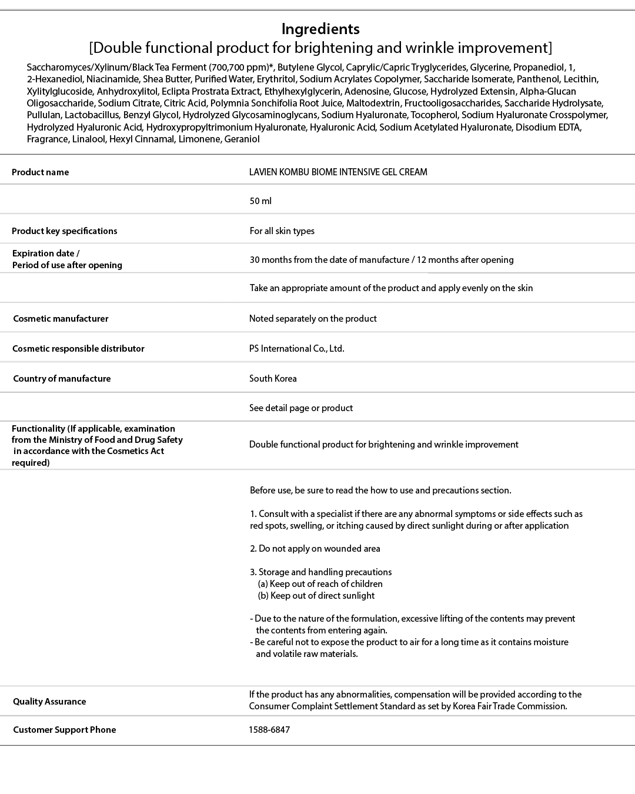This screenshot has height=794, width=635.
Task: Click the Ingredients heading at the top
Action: [320, 29]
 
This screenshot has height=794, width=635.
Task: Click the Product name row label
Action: [40, 172]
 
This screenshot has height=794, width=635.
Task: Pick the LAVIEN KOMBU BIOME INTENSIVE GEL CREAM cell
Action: [338, 172]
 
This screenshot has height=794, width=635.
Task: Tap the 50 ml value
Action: [260, 201]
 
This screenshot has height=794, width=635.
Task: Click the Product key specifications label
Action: [64, 231]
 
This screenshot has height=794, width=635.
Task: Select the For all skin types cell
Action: [282, 231]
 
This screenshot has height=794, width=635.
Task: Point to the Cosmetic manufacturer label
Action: [61, 319]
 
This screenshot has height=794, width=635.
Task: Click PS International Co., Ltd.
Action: [296, 349]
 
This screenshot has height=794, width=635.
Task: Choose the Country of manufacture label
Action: [62, 379]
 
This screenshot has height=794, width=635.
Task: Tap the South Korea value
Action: [273, 379]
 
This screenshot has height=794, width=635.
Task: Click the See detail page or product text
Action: [300, 408]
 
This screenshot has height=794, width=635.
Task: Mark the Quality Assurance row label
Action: [49, 702]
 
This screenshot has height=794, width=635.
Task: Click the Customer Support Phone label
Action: [64, 730]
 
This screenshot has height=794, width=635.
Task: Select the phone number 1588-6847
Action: [269, 730]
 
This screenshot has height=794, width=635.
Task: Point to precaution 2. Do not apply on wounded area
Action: [315, 549]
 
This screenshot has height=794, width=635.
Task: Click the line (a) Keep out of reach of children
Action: [320, 584]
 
